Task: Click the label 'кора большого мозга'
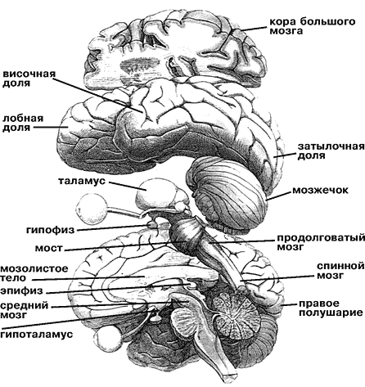click(x=313, y=26)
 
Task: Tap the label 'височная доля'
click(x=29, y=79)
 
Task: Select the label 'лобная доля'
click(x=23, y=123)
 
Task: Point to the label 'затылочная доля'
click(x=331, y=151)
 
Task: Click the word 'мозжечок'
click(x=320, y=190)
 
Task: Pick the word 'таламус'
click(x=82, y=181)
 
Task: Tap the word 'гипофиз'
click(x=50, y=230)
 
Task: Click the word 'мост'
click(x=49, y=249)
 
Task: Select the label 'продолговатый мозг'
click(x=321, y=242)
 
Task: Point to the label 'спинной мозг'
click(x=340, y=270)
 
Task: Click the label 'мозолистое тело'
click(x=34, y=273)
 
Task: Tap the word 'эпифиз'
click(x=21, y=291)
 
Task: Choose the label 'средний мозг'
click(x=25, y=310)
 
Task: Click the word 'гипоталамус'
click(x=37, y=334)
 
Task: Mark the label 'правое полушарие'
click(x=331, y=308)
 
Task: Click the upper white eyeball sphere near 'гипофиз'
click(x=92, y=209)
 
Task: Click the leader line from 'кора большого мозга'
click(x=253, y=28)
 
